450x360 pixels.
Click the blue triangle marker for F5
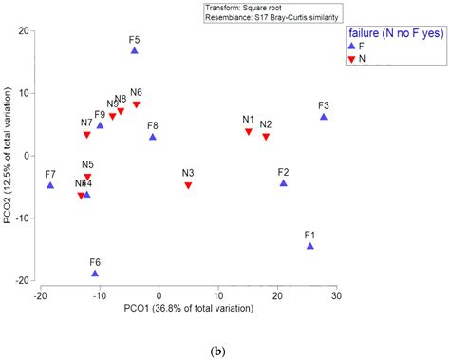click(135, 50)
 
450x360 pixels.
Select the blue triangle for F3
click(324, 117)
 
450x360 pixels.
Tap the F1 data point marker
click(310, 246)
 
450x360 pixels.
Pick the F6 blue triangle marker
click(95, 274)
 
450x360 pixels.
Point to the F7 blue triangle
click(50, 185)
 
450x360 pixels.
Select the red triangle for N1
click(249, 132)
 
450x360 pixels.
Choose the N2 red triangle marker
click(266, 138)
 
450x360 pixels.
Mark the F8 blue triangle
click(153, 137)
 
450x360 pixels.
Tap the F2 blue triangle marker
click(283, 183)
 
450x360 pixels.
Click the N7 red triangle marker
click(87, 136)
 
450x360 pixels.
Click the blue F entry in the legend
click(353, 46)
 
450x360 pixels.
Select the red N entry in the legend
click(353, 59)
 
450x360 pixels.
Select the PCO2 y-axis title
click(9, 157)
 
